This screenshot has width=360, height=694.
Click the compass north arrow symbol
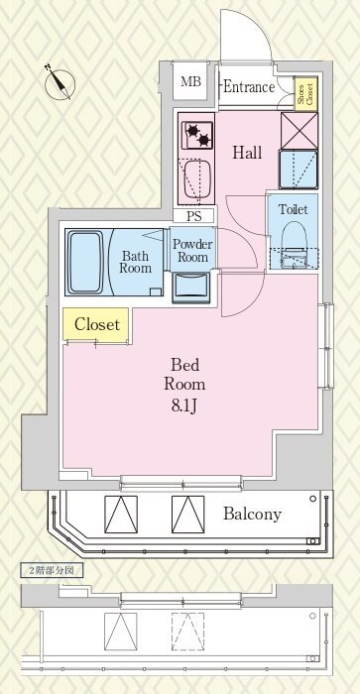coord(60,82)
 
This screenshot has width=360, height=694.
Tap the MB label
coord(190,82)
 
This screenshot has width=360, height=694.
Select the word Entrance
coord(249,87)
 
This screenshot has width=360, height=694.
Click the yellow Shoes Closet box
coord(306,94)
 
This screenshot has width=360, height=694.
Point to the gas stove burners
coord(197,135)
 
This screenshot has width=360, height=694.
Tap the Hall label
coord(247,153)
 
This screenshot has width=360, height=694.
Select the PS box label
coord(193,216)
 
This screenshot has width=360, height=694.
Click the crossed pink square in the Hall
coord(300,131)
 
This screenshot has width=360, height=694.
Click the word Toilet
coord(293,209)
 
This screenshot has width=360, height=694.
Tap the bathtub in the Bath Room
coord(86,262)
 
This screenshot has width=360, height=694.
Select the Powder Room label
coord(192,251)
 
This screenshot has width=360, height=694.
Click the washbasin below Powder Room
coord(191,288)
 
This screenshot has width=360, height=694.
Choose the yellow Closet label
coord(96,325)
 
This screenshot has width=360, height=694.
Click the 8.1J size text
coord(184,405)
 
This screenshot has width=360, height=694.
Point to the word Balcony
coord(252,514)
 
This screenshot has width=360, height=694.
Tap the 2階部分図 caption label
coord(53,570)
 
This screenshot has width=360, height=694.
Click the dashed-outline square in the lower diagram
coord(187,632)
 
